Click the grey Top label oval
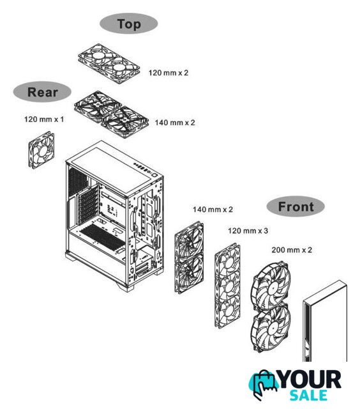(x=129, y=24)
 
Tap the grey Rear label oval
(x=42, y=92)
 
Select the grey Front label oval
(x=296, y=206)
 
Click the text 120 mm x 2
(x=169, y=73)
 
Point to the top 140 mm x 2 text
(x=175, y=123)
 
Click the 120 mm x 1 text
(x=44, y=120)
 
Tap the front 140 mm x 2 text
(x=213, y=210)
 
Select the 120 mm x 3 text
(x=248, y=231)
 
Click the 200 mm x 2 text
(x=292, y=250)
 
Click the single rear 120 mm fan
(x=41, y=150)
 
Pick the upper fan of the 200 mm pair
(x=271, y=286)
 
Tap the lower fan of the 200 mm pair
(x=271, y=328)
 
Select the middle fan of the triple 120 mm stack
(x=228, y=286)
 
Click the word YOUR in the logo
(x=310, y=380)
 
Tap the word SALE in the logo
(x=309, y=395)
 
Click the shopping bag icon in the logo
(x=263, y=384)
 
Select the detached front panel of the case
(x=325, y=321)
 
